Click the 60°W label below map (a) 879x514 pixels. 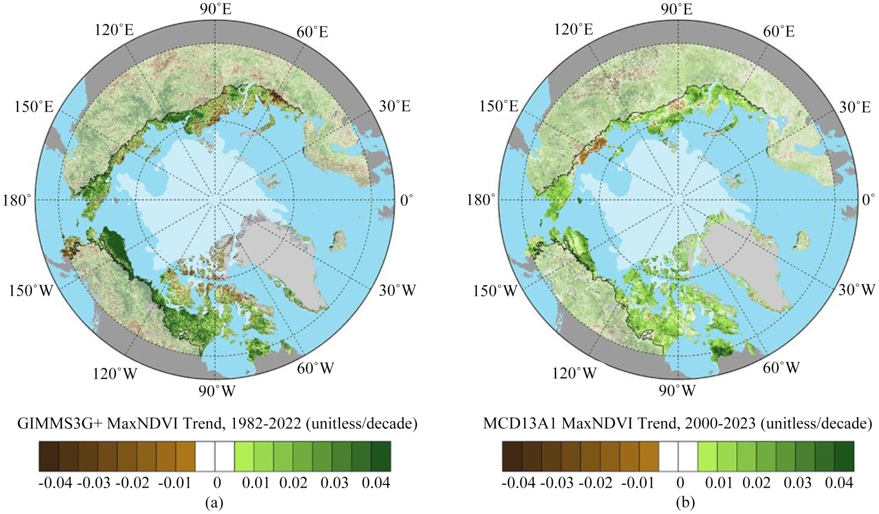tap(316, 368)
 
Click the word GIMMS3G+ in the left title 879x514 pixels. tap(59, 424)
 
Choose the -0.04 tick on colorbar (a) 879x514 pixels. tap(56, 483)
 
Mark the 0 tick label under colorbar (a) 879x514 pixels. tap(217, 483)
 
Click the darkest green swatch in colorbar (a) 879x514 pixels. tap(381, 456)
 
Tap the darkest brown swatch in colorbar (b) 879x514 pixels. tap(512, 456)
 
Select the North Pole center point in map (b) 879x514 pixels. tap(678, 200)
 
